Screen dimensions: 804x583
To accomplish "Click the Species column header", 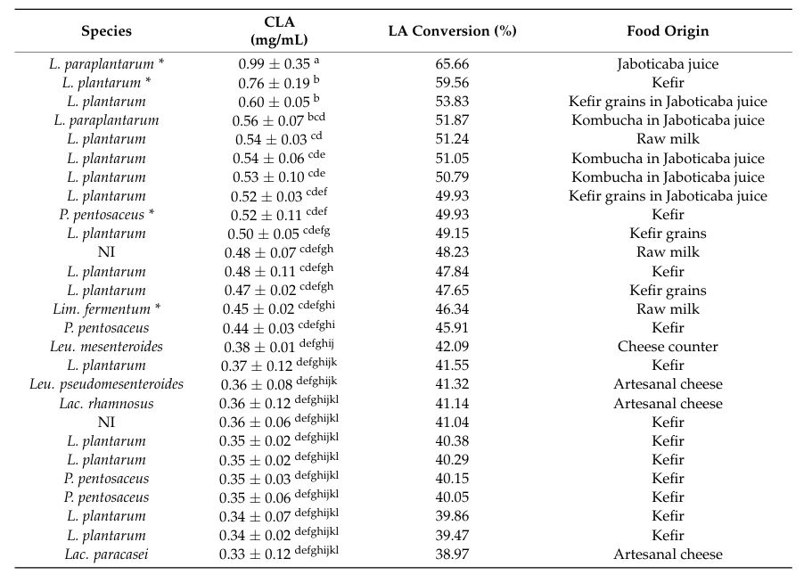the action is click(106, 31).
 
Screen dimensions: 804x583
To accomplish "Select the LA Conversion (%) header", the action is click(452, 31).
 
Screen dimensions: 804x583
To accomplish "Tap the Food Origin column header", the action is click(668, 31).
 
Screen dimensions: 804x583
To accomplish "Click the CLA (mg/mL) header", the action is click(279, 31).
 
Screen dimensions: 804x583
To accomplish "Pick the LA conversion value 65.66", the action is click(452, 63).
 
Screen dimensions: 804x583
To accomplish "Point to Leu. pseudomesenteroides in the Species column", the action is click(106, 384).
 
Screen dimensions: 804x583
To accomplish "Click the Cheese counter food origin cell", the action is click(668, 347).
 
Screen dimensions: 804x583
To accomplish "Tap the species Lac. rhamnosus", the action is click(106, 403).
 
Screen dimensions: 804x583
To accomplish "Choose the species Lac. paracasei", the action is click(106, 554).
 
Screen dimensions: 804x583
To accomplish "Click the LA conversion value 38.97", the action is click(452, 554).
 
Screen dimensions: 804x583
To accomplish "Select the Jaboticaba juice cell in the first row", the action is click(668, 64).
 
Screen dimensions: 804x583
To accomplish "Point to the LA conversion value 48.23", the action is click(452, 252).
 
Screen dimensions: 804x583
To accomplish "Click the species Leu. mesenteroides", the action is click(106, 347).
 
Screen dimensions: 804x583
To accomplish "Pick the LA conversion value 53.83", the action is click(452, 101).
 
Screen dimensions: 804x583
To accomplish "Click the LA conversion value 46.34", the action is click(452, 308).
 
